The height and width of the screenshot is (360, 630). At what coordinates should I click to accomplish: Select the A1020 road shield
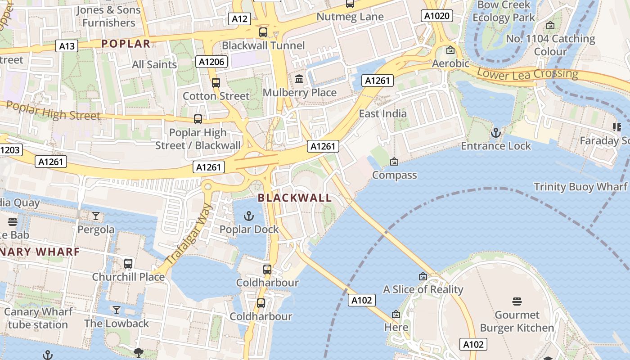[437, 16]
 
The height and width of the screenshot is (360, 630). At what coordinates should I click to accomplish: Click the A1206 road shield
[211, 62]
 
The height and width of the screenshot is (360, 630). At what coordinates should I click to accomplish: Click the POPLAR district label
[126, 44]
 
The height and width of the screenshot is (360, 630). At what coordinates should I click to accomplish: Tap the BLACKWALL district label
[295, 198]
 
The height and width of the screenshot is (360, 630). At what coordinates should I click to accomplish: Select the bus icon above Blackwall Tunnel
[263, 32]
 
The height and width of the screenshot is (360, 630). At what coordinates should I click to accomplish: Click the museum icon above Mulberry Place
[299, 80]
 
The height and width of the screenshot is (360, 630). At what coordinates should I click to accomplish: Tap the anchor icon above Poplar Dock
[248, 216]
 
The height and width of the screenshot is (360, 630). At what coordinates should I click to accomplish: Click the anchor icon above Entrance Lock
[495, 133]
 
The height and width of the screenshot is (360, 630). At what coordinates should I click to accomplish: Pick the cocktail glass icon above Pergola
[96, 216]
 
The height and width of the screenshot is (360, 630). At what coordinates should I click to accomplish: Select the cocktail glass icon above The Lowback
[117, 310]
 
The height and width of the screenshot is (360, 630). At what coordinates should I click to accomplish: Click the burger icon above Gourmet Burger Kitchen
[517, 301]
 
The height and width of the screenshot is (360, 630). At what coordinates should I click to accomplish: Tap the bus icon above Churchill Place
[128, 264]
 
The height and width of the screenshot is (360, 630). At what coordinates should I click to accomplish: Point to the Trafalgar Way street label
[189, 235]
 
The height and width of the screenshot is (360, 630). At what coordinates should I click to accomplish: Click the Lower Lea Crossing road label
[527, 73]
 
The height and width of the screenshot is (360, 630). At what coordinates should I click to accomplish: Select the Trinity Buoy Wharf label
[580, 186]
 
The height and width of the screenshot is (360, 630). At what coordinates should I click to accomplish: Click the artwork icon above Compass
[394, 162]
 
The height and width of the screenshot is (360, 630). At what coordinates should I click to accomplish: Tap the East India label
[382, 113]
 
